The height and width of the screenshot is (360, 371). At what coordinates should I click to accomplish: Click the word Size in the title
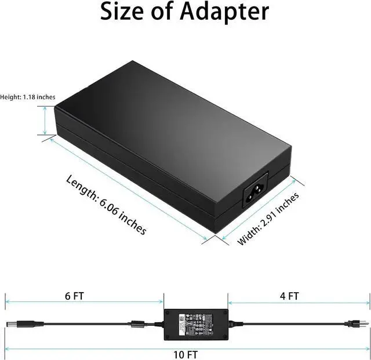[125, 11]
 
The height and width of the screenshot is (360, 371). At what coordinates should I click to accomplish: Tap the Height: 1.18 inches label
[28, 97]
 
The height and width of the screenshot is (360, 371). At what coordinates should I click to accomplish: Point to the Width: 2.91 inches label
[268, 219]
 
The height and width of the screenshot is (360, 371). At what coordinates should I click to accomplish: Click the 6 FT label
[74, 296]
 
